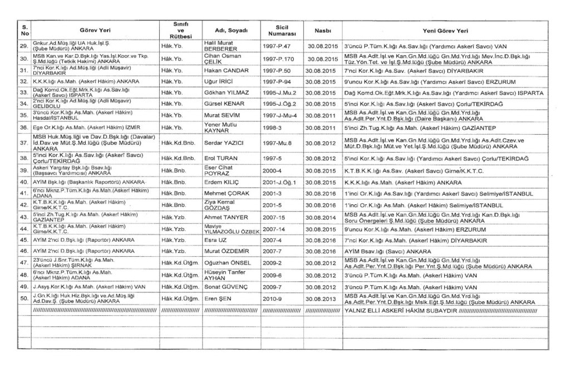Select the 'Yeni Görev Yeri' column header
point(445,31)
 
